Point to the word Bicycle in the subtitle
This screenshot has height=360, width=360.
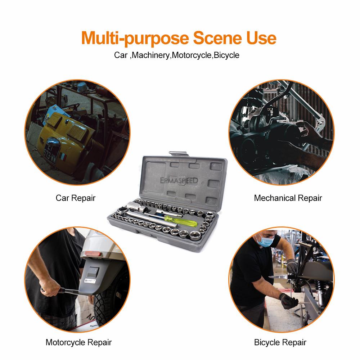[x=226, y=55]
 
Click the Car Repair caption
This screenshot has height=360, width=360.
[x=76, y=198]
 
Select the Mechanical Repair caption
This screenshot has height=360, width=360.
[x=288, y=198]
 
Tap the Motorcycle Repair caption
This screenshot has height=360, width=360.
[x=78, y=342]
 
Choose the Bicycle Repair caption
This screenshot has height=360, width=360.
[x=280, y=342]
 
